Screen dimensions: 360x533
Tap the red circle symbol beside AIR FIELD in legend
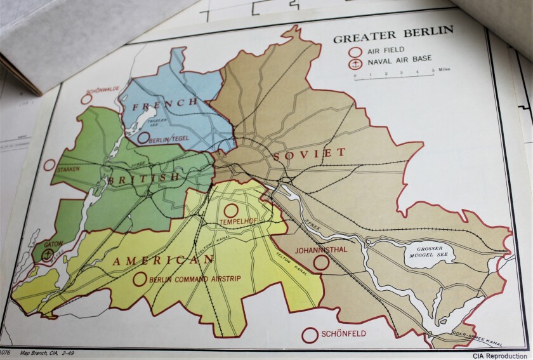click(357, 53)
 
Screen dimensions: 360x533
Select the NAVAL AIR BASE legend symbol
click(357, 64)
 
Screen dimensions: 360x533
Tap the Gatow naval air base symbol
click(46, 254)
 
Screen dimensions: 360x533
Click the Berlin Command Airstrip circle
click(140, 279)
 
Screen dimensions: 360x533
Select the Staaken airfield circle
click(49, 165)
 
